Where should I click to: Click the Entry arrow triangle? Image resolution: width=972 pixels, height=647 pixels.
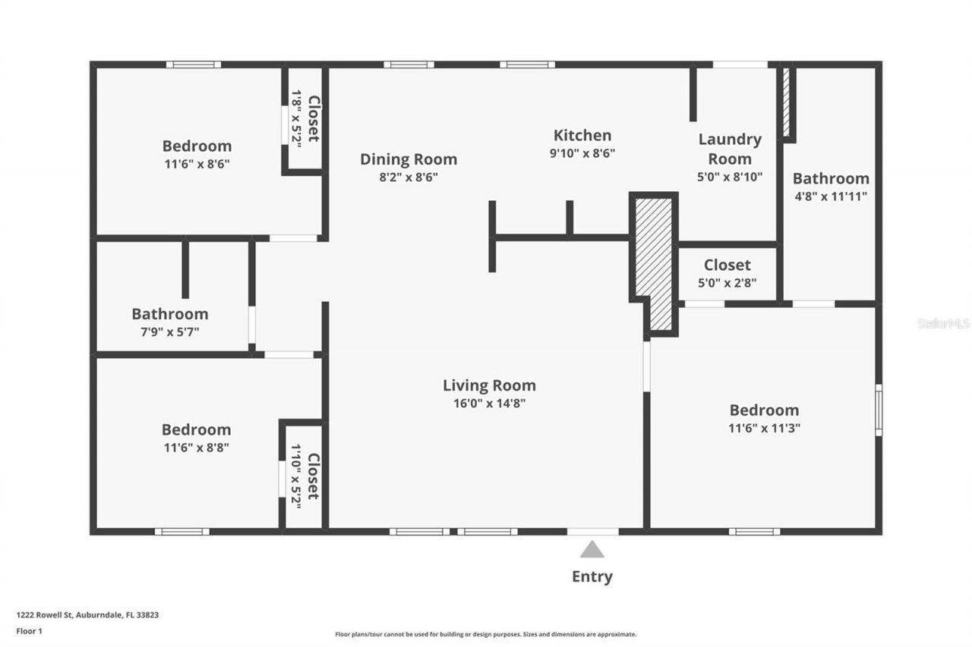tap(592, 550)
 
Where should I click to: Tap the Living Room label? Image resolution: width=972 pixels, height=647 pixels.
tap(490, 385)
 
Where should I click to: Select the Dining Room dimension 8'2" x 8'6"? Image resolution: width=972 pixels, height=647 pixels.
tap(409, 177)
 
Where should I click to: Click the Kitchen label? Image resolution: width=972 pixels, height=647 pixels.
tap(582, 135)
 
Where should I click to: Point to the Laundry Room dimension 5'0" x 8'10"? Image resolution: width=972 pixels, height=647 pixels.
tap(730, 177)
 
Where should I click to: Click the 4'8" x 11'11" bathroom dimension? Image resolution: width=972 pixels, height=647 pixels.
tap(831, 196)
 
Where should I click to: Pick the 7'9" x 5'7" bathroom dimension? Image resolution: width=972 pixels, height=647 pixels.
tap(169, 332)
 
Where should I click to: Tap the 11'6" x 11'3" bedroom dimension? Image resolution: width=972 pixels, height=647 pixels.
tap(764, 428)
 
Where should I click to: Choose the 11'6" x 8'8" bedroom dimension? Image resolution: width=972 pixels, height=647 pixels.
tap(196, 448)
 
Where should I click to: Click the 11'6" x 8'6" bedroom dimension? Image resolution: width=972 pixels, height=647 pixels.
tap(197, 165)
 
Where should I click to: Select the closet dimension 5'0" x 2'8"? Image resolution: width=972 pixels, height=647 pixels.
tap(727, 283)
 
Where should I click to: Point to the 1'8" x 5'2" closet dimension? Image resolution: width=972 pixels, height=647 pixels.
tap(296, 119)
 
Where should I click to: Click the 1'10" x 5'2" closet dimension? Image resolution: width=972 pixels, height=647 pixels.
tap(296, 476)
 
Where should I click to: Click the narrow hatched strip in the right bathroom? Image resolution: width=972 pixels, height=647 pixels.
tap(786, 102)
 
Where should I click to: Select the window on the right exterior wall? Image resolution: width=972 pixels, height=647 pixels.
tap(879, 410)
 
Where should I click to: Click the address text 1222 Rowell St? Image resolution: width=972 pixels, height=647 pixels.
tap(45, 615)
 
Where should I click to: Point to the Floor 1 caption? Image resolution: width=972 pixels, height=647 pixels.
tap(29, 631)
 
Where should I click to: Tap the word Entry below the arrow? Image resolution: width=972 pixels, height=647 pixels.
tap(592, 576)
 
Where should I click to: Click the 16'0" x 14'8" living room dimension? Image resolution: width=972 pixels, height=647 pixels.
tap(490, 404)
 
